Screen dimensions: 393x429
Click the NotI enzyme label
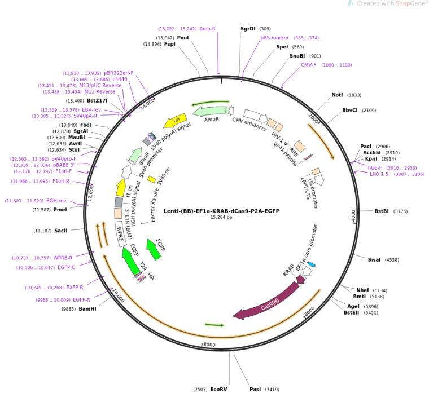click(337, 95)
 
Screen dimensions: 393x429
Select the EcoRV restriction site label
click(218, 389)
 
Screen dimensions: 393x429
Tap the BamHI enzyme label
click(87, 309)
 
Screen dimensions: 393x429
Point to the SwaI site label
click(374, 260)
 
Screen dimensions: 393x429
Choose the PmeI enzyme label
click(60, 210)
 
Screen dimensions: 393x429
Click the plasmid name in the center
click(221, 211)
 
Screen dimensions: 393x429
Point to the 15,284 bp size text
click(221, 217)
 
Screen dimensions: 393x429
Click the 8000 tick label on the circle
click(209, 345)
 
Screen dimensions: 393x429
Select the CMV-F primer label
click(309, 65)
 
